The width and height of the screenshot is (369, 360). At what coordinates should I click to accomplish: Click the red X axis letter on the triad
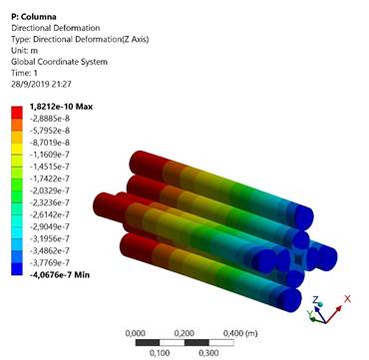tap(349, 297)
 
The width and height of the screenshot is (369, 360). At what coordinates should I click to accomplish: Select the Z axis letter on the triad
tap(315, 299)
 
